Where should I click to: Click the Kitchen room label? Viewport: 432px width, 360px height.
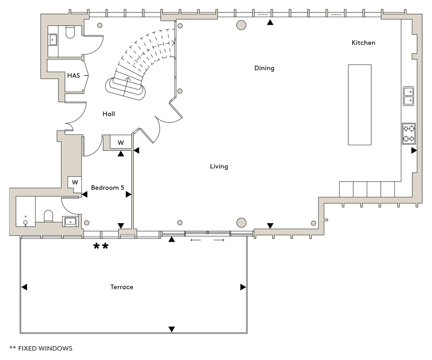click(x=364, y=43)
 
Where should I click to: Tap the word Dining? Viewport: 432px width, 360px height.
click(x=264, y=68)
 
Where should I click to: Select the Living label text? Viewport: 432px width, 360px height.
click(x=219, y=166)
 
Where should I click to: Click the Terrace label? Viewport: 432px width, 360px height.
click(x=122, y=287)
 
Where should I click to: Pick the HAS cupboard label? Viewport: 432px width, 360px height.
click(x=73, y=76)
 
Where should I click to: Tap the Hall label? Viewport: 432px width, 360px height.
click(x=109, y=114)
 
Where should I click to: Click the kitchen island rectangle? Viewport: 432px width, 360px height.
click(x=360, y=104)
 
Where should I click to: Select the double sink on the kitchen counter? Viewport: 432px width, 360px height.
click(x=409, y=96)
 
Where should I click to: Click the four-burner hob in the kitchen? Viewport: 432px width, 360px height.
click(x=409, y=134)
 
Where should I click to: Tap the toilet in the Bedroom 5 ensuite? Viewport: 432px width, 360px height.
click(x=48, y=216)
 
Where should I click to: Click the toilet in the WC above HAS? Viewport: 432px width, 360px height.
click(x=70, y=32)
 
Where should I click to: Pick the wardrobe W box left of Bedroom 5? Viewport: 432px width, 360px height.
click(x=75, y=182)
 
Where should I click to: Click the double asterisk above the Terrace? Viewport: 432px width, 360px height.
click(x=101, y=246)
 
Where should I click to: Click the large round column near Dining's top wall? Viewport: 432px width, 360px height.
click(x=241, y=25)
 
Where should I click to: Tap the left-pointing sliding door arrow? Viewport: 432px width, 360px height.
click(x=196, y=240)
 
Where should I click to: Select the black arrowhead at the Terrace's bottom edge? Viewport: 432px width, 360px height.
click(x=172, y=329)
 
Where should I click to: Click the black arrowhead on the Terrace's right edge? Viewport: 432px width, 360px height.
click(x=243, y=287)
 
